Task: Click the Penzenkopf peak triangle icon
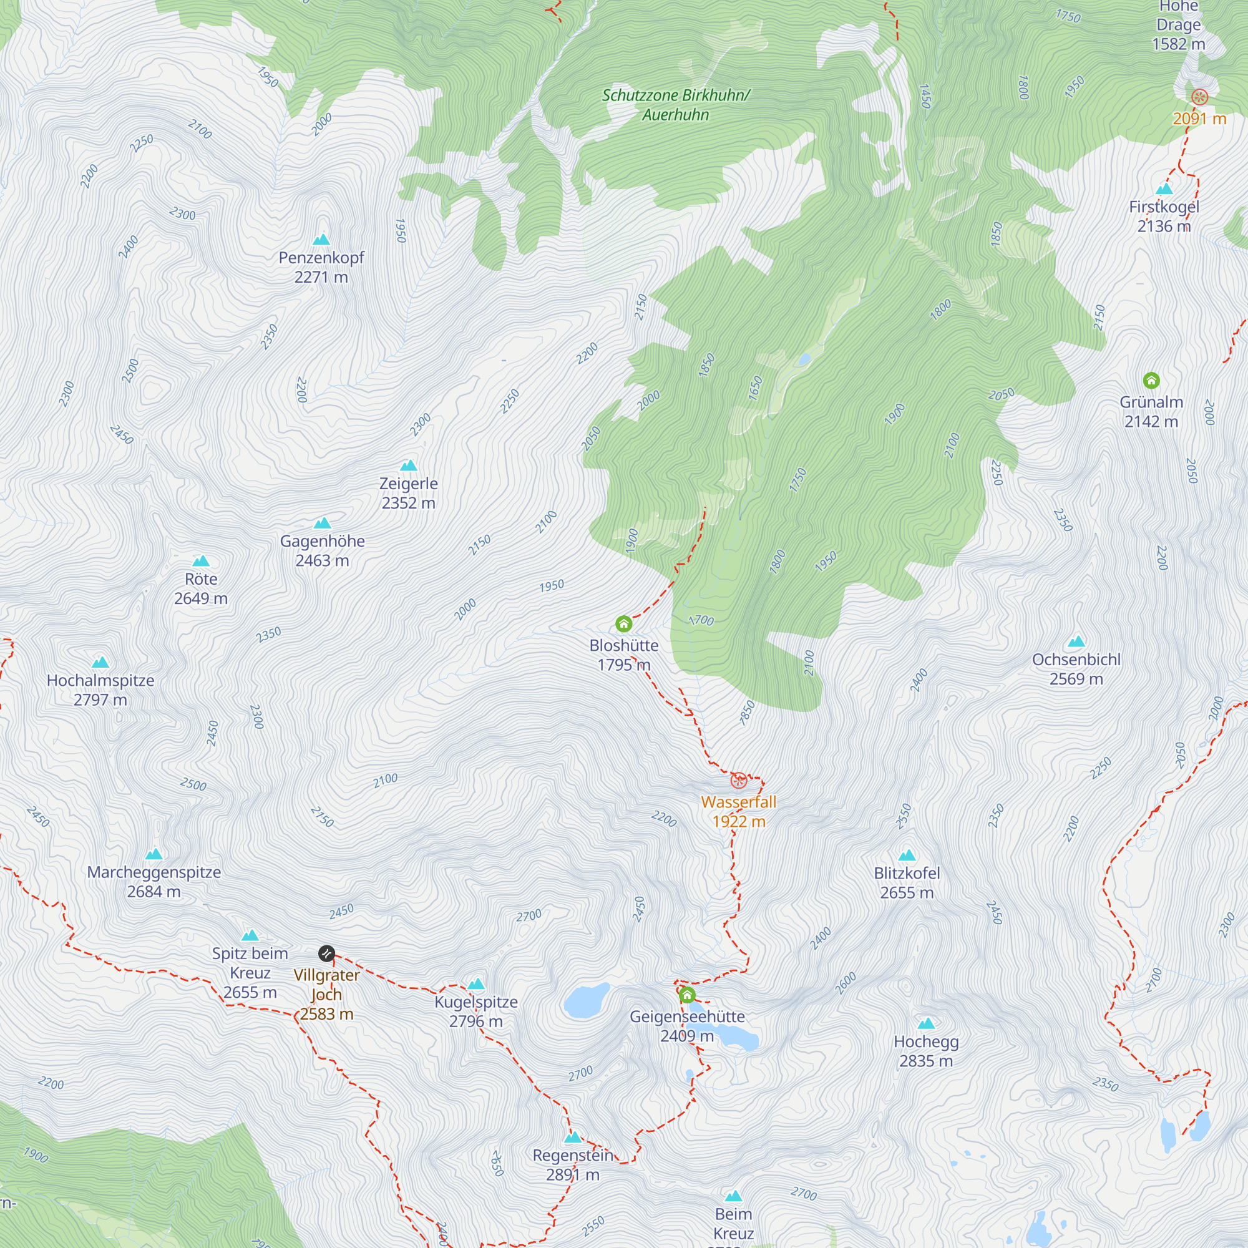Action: [x=321, y=240]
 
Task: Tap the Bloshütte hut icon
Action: [x=623, y=623]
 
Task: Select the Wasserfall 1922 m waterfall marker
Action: [x=738, y=781]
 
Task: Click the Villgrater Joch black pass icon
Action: [x=327, y=953]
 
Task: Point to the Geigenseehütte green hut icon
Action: [x=687, y=995]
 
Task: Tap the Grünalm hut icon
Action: [x=1151, y=380]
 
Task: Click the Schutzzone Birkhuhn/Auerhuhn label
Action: [x=676, y=105]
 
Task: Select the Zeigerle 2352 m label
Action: [x=408, y=494]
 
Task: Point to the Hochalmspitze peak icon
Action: [x=100, y=662]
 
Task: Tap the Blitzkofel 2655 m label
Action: [x=906, y=883]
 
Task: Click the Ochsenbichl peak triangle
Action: [x=1076, y=641]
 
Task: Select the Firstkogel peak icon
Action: [x=1164, y=189]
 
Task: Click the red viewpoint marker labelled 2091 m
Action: [x=1199, y=97]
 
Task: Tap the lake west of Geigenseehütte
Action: [x=587, y=1000]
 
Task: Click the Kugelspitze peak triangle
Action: [x=476, y=984]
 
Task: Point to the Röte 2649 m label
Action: [x=201, y=588]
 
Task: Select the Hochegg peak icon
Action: [x=926, y=1023]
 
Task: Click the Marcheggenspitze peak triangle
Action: [x=154, y=854]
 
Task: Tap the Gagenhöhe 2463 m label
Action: [x=323, y=551]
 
